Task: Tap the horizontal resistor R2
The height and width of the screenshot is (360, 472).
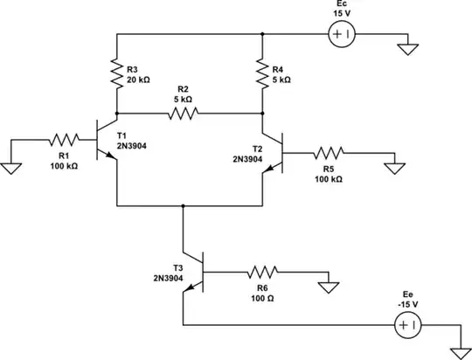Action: [184, 113]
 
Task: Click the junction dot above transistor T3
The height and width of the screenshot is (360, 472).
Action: [183, 206]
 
